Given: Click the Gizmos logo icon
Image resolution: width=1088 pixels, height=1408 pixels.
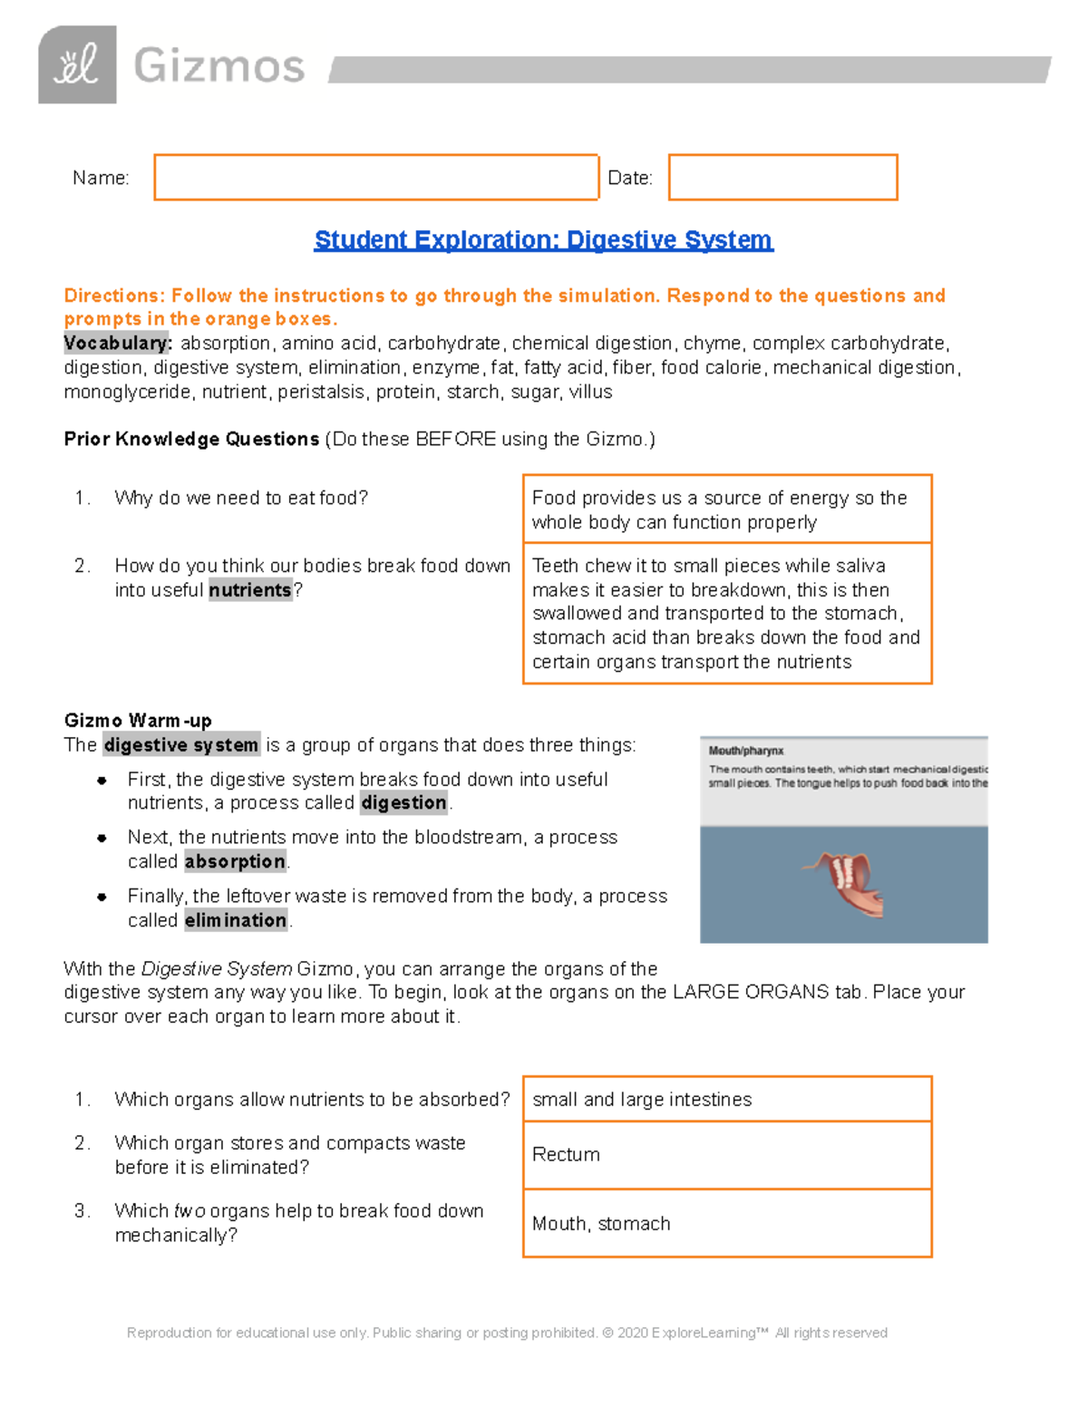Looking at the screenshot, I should click(x=77, y=65).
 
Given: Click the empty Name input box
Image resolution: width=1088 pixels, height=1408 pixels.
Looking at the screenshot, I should click(x=376, y=178).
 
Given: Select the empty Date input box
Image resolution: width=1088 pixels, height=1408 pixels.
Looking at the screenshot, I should click(x=782, y=178).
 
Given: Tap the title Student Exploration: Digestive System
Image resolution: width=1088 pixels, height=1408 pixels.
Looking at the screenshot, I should click(x=543, y=240).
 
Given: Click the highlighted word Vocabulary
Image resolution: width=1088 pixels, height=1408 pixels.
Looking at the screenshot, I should click(x=117, y=344).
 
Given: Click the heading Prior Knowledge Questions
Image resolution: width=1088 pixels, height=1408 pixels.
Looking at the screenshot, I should click(x=191, y=440).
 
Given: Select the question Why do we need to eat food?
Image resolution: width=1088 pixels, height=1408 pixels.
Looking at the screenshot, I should click(x=241, y=498).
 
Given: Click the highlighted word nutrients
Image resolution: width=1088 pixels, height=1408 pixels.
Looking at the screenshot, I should click(x=250, y=590).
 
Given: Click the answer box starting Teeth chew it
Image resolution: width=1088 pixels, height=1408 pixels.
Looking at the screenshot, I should click(x=726, y=613).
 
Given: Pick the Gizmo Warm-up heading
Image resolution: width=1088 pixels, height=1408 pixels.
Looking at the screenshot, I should click(x=138, y=721).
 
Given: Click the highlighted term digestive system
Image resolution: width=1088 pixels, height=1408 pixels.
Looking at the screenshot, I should click(x=181, y=745).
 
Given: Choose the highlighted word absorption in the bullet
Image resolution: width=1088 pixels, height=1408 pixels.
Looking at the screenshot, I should click(x=235, y=861).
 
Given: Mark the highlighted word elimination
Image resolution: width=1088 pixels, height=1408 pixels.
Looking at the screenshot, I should click(x=236, y=920).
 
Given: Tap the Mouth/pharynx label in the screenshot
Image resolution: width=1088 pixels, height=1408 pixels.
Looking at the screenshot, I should click(x=746, y=751).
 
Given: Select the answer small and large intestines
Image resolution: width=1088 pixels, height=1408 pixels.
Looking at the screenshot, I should click(x=642, y=1100).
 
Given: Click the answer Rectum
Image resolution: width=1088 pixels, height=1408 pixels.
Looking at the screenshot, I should click(x=566, y=1154).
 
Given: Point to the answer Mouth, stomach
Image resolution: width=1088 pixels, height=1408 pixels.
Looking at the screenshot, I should click(x=601, y=1224).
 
